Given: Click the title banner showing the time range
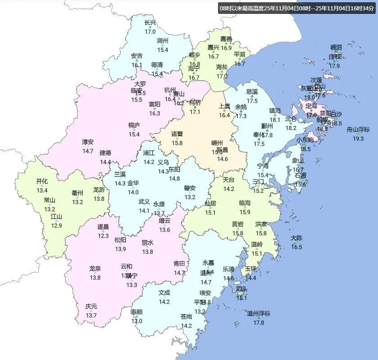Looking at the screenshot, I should click(297, 8).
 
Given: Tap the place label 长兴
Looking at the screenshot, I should click(150, 23).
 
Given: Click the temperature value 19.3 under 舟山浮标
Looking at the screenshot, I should click(358, 138).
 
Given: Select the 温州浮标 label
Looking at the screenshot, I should click(258, 313).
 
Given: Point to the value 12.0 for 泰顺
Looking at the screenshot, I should click(137, 321).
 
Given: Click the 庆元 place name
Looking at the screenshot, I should click(91, 307).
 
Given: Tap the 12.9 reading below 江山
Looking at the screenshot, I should click(57, 226).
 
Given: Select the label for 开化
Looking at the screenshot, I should click(42, 181).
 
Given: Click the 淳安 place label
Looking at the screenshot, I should click(88, 142).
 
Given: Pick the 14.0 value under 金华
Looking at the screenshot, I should click(133, 192).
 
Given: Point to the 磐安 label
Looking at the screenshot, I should click(190, 188).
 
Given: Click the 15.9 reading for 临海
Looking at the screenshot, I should click(245, 212).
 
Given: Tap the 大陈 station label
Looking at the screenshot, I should click(297, 238).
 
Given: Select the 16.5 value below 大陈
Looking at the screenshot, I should click(297, 247).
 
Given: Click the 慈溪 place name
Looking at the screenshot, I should click(252, 91).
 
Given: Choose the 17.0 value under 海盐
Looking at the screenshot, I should click(222, 76).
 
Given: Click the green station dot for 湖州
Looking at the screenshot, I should click(163, 45).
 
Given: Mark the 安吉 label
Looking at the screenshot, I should click(137, 56).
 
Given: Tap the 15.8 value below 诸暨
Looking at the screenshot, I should click(177, 143).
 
